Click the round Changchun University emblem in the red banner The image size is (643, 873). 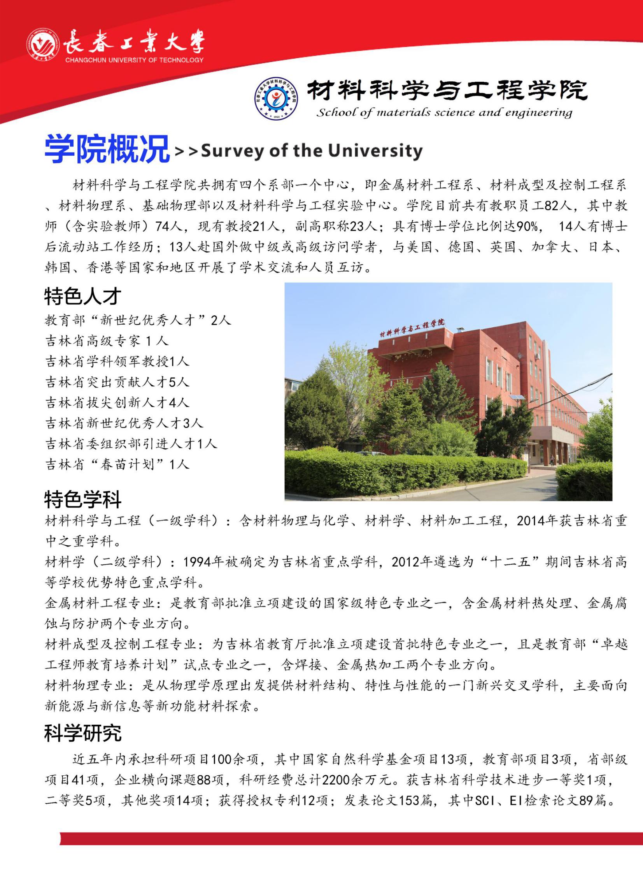(x=43, y=45)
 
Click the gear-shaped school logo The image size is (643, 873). (x=276, y=98)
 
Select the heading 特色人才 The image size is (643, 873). (x=82, y=296)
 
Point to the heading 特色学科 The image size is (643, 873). (x=82, y=500)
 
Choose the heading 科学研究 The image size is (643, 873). (x=82, y=733)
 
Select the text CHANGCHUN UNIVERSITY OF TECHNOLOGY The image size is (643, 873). (x=134, y=60)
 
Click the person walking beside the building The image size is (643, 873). (x=552, y=460)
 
